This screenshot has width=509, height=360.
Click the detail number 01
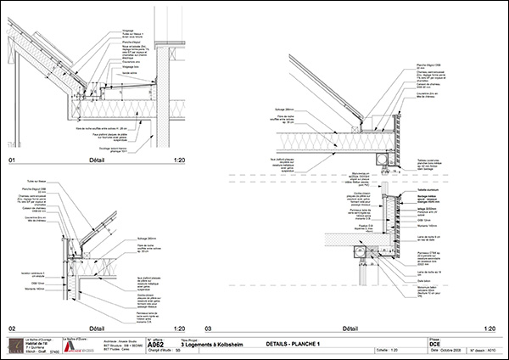(12, 160)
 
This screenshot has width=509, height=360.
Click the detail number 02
(12, 327)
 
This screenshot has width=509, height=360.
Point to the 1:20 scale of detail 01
(178, 160)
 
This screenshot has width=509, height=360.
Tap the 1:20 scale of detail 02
(178, 327)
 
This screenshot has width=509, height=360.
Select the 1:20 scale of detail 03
(488, 327)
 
